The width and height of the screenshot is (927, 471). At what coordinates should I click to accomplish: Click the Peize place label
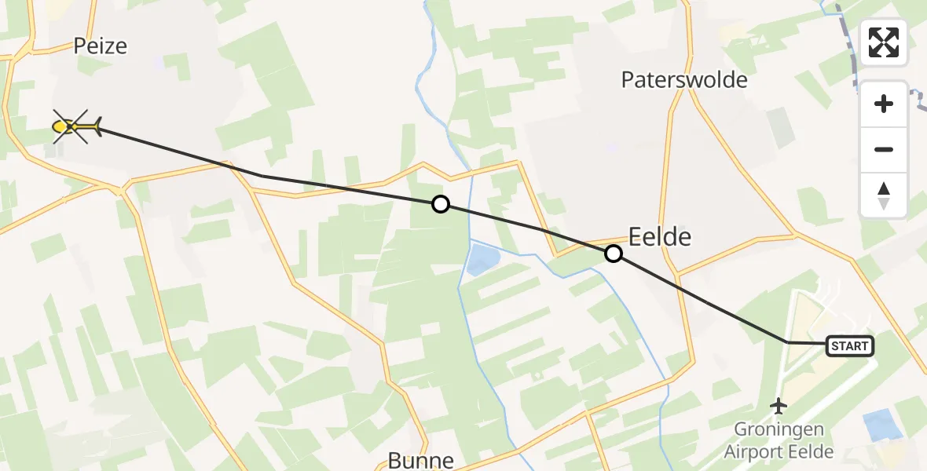click(100, 46)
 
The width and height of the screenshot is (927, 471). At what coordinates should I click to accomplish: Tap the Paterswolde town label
click(683, 79)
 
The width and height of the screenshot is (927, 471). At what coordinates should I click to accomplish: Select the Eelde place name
click(660, 236)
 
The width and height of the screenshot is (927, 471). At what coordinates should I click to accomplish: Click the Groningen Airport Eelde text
click(779, 440)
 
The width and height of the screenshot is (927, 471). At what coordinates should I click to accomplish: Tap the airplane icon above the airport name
click(779, 406)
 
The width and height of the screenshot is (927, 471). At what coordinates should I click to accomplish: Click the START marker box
click(849, 346)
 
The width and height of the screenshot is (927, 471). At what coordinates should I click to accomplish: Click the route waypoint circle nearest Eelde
click(614, 254)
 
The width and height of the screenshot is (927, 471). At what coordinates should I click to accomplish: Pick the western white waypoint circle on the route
click(441, 204)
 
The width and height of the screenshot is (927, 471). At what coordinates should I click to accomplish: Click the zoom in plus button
click(884, 104)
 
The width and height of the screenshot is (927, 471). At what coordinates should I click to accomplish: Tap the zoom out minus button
click(884, 149)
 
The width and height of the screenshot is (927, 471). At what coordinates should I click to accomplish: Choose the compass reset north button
click(884, 195)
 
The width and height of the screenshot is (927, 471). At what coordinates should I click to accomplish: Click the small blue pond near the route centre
click(481, 260)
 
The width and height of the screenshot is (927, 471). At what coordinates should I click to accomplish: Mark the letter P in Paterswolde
click(628, 79)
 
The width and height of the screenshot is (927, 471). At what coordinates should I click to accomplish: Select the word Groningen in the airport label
click(779, 429)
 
